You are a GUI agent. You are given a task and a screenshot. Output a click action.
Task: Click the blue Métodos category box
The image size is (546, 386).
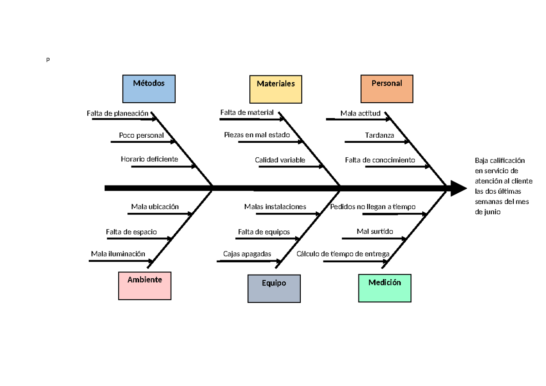[x=149, y=89]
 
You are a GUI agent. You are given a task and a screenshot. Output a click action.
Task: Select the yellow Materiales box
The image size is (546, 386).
[x=276, y=89]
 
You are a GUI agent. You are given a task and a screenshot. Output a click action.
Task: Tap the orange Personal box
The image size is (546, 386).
[x=387, y=89]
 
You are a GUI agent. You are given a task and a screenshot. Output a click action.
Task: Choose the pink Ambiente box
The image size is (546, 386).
[x=145, y=286]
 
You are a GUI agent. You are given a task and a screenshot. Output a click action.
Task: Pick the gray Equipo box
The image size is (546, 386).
[x=274, y=288]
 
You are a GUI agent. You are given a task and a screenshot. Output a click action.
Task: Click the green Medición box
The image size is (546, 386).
[x=385, y=288]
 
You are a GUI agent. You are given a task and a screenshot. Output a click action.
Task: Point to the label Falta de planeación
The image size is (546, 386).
[x=118, y=113]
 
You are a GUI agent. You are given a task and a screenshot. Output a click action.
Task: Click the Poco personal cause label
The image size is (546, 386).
[x=142, y=135]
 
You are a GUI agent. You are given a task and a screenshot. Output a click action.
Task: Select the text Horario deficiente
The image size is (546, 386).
[x=149, y=159]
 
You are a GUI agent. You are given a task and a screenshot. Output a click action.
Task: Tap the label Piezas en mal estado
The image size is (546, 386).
[x=257, y=135]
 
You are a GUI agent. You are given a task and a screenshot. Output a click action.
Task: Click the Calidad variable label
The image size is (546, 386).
[x=280, y=160]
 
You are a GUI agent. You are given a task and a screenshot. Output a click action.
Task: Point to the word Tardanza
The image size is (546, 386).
[x=379, y=135]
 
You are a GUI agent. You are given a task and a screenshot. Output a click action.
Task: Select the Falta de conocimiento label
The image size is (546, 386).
[x=380, y=160]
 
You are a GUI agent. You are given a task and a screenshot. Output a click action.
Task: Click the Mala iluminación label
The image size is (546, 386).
[x=118, y=254]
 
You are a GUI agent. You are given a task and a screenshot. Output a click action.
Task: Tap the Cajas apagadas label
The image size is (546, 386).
[x=247, y=254]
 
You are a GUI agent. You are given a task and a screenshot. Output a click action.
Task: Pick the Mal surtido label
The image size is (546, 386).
[x=375, y=231]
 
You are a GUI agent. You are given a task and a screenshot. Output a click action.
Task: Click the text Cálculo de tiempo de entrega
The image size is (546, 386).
[x=343, y=254]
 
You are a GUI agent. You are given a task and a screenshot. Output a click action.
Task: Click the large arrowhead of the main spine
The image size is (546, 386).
[x=458, y=188]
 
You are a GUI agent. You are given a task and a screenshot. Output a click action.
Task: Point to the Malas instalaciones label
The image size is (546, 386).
[x=275, y=207]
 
